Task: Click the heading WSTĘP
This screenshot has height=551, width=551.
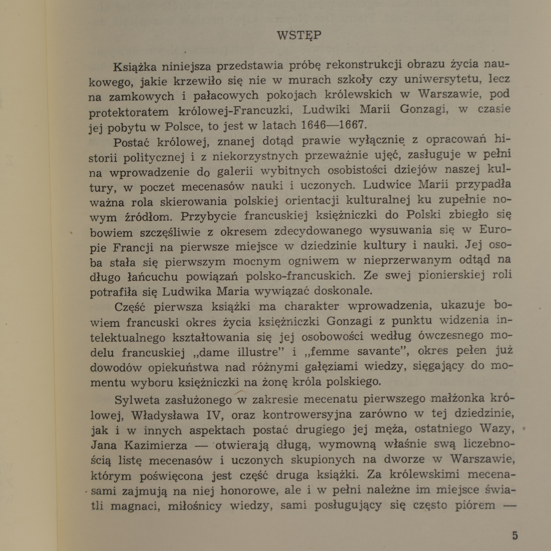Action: pos(299,35)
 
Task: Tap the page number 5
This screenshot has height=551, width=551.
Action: pos(515,536)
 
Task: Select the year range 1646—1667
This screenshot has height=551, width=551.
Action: pos(332,125)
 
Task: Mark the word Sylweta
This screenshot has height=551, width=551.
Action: pos(137,400)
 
